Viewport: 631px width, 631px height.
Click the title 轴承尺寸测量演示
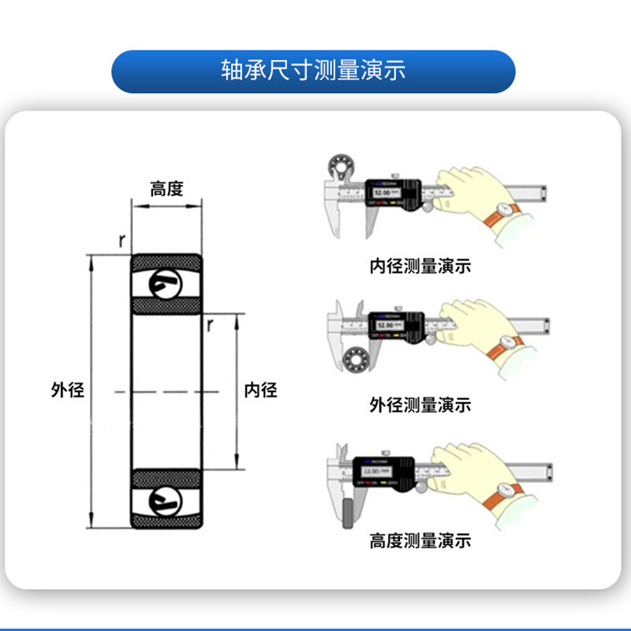point(313,70)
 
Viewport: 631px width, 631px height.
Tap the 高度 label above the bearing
point(166,189)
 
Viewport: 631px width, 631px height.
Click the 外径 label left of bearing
point(67,390)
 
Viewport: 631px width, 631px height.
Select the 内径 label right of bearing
point(261,390)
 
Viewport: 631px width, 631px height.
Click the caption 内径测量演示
point(420,266)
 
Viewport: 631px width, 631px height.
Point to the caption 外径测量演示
point(420,405)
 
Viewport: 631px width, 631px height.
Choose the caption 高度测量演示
point(420,541)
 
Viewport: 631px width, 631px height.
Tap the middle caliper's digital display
point(387,325)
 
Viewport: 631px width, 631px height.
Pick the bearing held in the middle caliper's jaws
point(354,357)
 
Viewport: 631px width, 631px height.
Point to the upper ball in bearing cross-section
point(166,283)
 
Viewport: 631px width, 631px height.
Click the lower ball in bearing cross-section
point(166,498)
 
